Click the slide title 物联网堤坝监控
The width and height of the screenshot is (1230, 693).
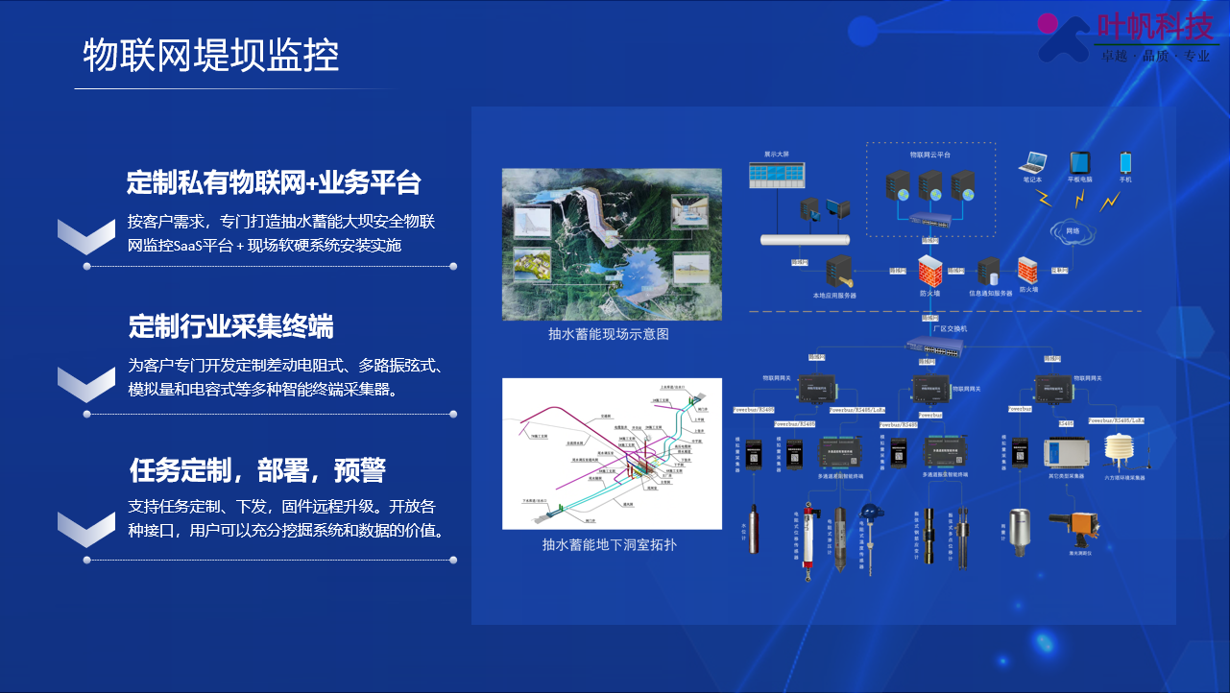(211, 56)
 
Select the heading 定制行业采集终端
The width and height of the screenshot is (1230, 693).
(231, 326)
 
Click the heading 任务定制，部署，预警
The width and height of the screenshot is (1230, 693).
(257, 470)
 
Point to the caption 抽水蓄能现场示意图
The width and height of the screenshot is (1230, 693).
(609, 334)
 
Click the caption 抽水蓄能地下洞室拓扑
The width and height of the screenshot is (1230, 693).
(609, 544)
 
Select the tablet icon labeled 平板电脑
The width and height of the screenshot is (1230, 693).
(1080, 162)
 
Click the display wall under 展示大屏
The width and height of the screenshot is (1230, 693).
(777, 174)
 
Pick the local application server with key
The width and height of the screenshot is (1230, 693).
(834, 273)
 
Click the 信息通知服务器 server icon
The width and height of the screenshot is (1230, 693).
(990, 273)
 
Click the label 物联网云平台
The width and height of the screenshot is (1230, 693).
(929, 154)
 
